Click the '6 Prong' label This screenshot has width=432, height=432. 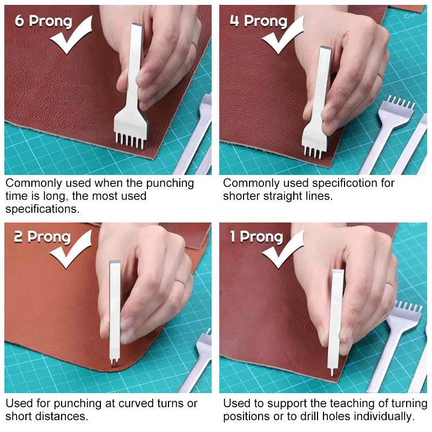(x=43, y=22)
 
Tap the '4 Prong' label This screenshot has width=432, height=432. (x=258, y=21)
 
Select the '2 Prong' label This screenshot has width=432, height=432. (x=42, y=237)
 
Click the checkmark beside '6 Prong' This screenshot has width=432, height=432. (x=73, y=36)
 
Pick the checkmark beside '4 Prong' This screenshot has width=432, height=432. (x=283, y=36)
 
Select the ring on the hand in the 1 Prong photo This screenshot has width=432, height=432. (x=390, y=285)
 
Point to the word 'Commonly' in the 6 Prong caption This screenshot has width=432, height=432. (x=32, y=183)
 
